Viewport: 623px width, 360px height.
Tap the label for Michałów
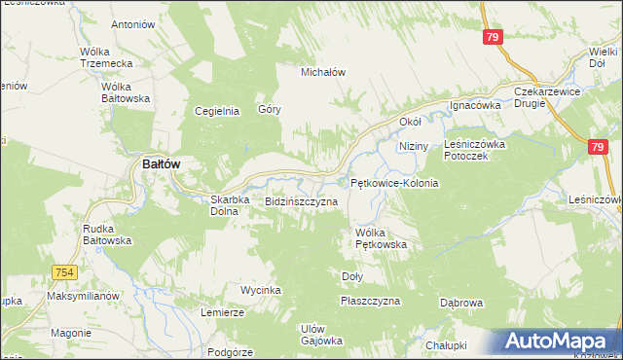point(323,72)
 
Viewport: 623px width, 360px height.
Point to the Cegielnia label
point(217,111)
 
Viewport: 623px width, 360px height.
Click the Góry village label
point(270,110)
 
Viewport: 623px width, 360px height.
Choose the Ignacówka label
point(474,105)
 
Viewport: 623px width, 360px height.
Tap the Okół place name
point(410,123)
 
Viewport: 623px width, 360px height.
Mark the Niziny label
point(414,145)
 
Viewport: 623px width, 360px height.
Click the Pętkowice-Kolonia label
point(394,183)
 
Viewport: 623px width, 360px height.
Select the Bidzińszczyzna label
point(301,201)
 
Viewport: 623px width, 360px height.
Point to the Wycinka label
point(261,291)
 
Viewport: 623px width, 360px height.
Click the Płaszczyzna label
point(370,302)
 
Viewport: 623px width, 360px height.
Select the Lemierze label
point(222,312)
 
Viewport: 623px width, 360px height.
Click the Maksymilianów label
point(82,296)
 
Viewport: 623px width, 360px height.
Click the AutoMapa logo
point(559,342)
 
